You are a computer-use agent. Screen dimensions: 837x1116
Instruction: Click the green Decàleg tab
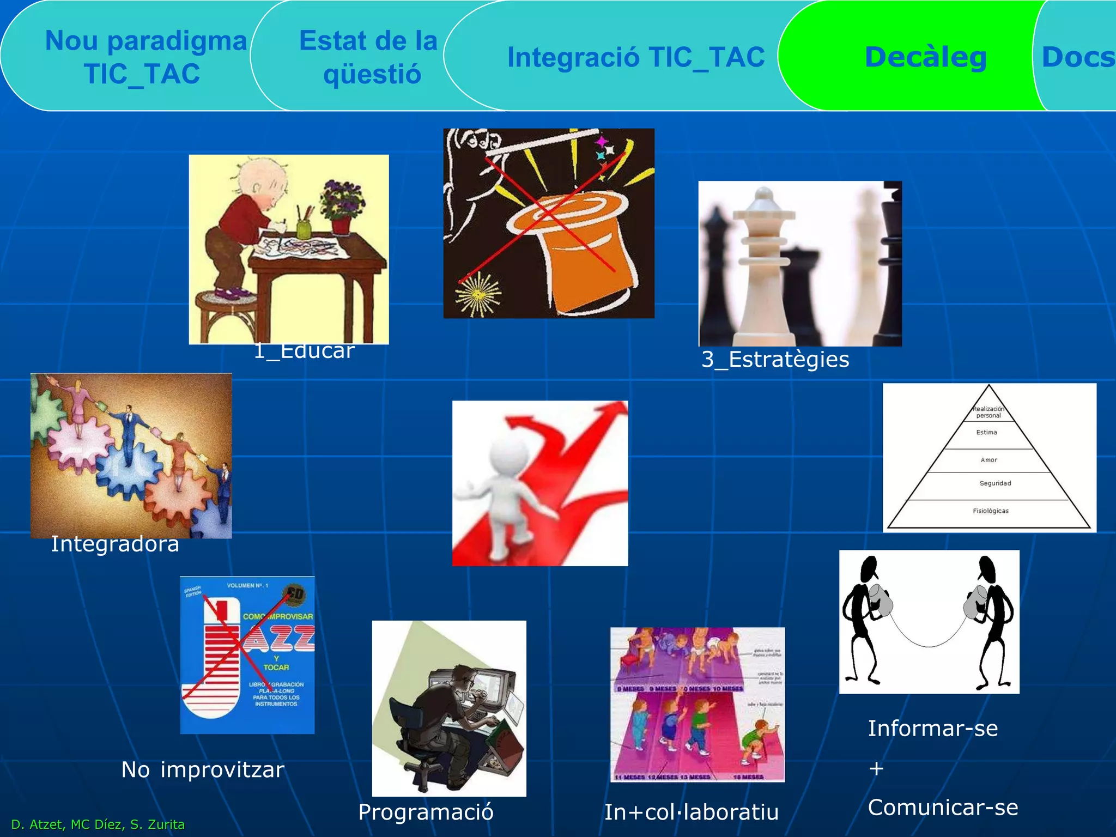[x=925, y=57]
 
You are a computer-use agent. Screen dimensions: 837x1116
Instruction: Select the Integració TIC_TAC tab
[x=635, y=57]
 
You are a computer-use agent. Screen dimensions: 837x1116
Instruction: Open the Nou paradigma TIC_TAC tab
[x=144, y=57]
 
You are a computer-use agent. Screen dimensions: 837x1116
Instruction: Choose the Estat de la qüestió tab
[x=369, y=57]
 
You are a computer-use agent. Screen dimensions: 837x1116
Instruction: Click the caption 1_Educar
[x=304, y=351]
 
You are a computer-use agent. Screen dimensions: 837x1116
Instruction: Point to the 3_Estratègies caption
[x=775, y=360]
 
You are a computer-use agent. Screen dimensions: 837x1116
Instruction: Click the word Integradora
[x=115, y=544]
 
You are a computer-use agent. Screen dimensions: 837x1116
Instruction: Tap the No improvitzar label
[x=203, y=770]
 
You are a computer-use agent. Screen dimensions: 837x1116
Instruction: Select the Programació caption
[x=426, y=812]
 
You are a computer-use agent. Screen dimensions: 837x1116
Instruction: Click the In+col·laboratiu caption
[x=691, y=812]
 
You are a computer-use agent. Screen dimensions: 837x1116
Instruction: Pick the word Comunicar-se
[x=943, y=808]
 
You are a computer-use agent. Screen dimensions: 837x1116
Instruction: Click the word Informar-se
[x=933, y=729]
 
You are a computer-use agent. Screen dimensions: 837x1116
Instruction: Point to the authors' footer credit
[x=98, y=824]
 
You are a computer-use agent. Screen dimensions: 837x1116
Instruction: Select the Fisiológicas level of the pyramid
[x=991, y=511]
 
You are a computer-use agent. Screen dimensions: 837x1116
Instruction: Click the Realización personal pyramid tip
[x=988, y=411]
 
